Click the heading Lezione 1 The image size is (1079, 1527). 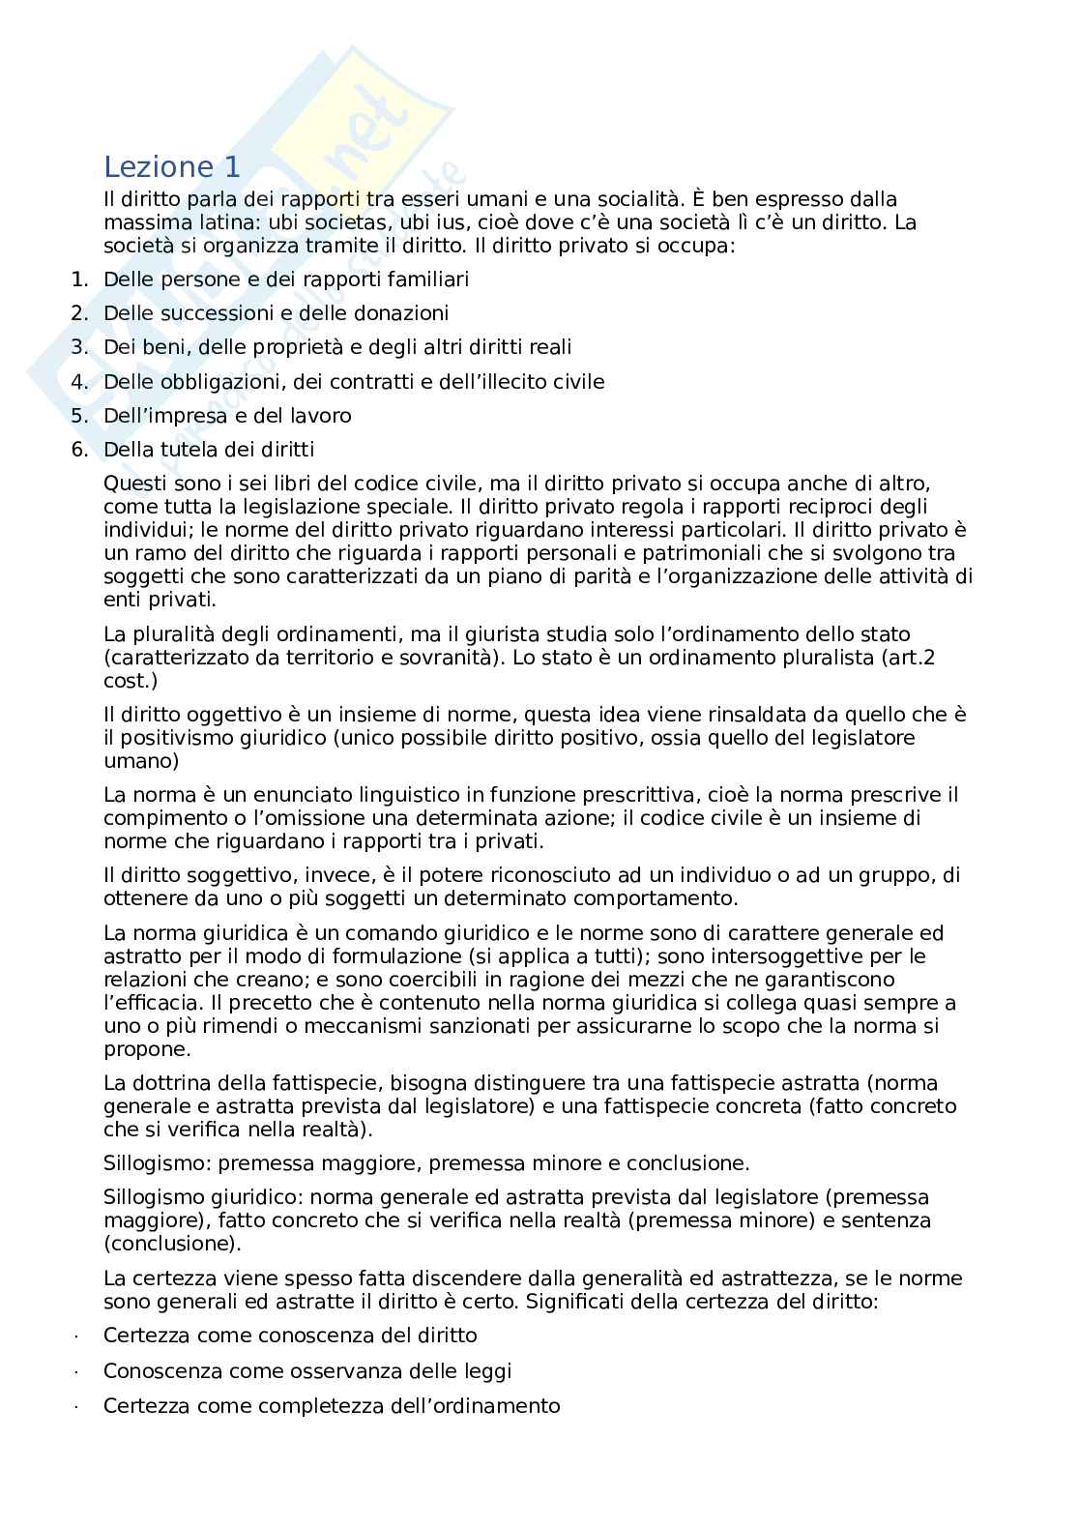tap(171, 167)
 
